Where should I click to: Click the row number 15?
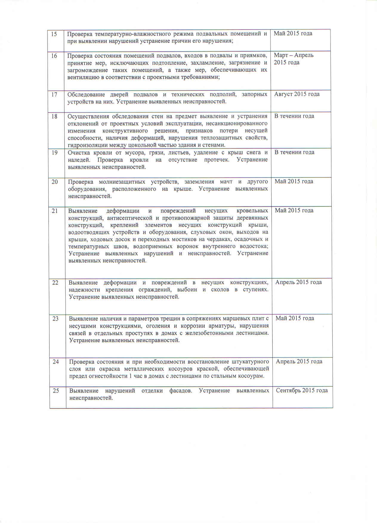(x=54, y=34)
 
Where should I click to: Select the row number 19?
(x=55, y=153)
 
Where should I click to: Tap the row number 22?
(x=55, y=282)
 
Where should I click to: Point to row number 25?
(x=56, y=390)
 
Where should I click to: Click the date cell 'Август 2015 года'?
(x=297, y=94)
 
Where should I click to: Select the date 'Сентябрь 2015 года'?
(x=302, y=390)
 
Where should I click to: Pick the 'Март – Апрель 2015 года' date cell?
(x=293, y=59)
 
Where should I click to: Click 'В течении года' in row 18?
(x=294, y=116)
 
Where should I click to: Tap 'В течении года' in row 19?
(x=294, y=152)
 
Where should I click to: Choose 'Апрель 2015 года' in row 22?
(x=298, y=282)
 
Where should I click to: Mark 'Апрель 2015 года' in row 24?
(x=299, y=362)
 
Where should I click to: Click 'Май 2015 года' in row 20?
(x=294, y=181)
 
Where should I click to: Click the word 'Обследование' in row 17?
(x=86, y=95)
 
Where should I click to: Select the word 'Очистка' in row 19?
(x=78, y=153)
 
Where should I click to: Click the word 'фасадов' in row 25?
(x=180, y=391)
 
